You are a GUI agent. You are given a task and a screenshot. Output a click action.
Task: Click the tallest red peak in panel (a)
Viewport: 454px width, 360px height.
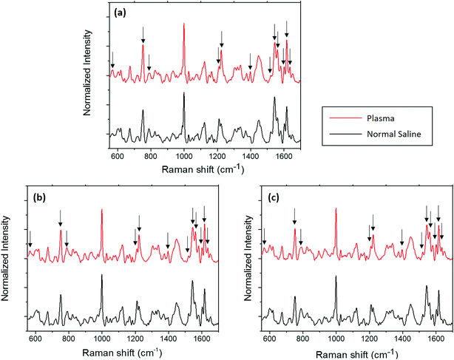[x=184, y=24]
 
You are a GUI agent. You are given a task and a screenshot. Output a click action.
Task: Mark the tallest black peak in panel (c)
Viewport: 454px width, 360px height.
[x=336, y=277]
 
